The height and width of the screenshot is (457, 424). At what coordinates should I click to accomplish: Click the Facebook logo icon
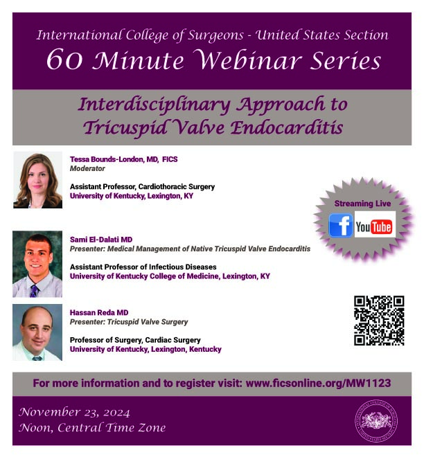pyautogui.click(x=340, y=225)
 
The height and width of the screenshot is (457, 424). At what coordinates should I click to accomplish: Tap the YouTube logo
pyautogui.click(x=375, y=224)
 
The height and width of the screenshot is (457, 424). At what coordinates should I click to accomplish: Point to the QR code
pyautogui.click(x=379, y=321)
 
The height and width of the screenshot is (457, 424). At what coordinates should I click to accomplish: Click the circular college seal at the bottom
pyautogui.click(x=376, y=421)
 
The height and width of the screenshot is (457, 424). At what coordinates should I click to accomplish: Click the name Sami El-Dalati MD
pyautogui.click(x=101, y=240)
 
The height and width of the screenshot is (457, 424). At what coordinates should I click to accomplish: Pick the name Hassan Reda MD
pyautogui.click(x=99, y=312)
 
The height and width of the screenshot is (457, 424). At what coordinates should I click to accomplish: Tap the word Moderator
pyautogui.click(x=87, y=168)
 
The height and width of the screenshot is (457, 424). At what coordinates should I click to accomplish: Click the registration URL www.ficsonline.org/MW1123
pyautogui.click(x=318, y=383)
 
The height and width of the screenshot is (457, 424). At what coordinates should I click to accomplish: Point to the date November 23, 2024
pyautogui.click(x=74, y=412)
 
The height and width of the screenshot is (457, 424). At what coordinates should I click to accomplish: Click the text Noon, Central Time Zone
pyautogui.click(x=92, y=427)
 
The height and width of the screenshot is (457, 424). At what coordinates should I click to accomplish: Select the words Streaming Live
pyautogui.click(x=362, y=204)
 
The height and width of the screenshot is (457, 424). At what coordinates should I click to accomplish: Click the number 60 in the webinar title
pyautogui.click(x=64, y=60)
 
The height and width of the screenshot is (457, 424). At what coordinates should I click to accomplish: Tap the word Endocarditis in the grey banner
pyautogui.click(x=287, y=127)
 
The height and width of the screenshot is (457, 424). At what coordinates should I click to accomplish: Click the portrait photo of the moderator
pyautogui.click(x=37, y=180)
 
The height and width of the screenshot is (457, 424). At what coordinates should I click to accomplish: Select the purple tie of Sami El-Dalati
pyautogui.click(x=35, y=290)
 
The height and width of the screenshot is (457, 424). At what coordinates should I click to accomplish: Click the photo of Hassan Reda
pyautogui.click(x=37, y=332)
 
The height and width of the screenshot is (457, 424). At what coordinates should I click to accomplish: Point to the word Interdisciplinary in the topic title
pyautogui.click(x=154, y=105)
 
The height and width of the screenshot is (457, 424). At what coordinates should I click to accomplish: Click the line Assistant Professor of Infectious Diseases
pyautogui.click(x=143, y=267)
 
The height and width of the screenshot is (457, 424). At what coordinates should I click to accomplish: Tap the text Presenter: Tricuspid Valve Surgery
pyautogui.click(x=129, y=322)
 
